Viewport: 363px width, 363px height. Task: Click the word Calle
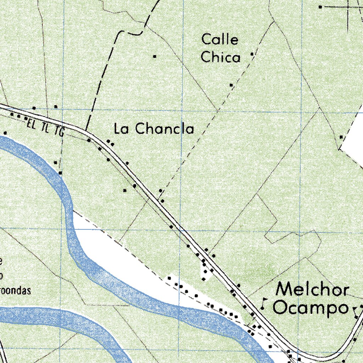tap(220, 39)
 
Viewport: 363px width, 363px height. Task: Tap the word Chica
tap(220, 57)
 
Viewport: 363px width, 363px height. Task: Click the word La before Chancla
tap(121, 129)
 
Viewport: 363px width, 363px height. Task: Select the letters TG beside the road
tap(60, 132)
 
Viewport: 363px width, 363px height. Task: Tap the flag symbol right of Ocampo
tap(355, 311)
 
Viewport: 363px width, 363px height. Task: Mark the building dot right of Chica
tap(252, 54)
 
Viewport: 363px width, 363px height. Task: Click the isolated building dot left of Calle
tap(155, 56)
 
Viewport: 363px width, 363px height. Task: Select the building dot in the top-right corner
tap(320, 7)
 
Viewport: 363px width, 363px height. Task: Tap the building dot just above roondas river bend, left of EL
tap(5, 133)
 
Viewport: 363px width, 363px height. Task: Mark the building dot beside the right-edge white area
tap(341, 137)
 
